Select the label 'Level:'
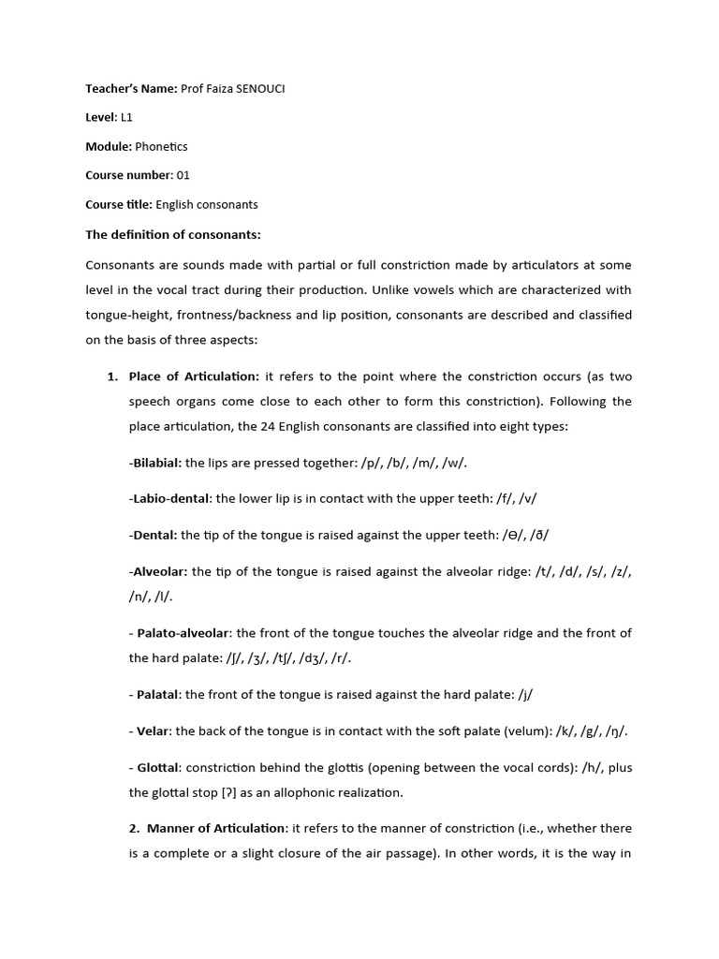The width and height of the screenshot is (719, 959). (x=101, y=117)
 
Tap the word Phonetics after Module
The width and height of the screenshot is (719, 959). (x=161, y=146)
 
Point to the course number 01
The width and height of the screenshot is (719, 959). (x=183, y=175)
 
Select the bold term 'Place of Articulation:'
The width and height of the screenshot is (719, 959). (x=194, y=376)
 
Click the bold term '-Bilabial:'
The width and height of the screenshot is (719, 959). (x=155, y=463)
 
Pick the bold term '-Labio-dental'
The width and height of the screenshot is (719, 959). (x=170, y=499)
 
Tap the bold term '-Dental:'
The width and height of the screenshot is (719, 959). (x=153, y=535)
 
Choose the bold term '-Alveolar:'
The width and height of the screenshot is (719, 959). (x=158, y=571)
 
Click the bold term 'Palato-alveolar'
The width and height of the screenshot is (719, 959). (x=183, y=633)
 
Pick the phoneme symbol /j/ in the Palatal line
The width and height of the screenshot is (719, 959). (x=525, y=695)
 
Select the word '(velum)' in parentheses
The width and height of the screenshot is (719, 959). (x=508, y=730)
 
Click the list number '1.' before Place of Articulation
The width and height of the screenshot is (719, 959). (x=112, y=376)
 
